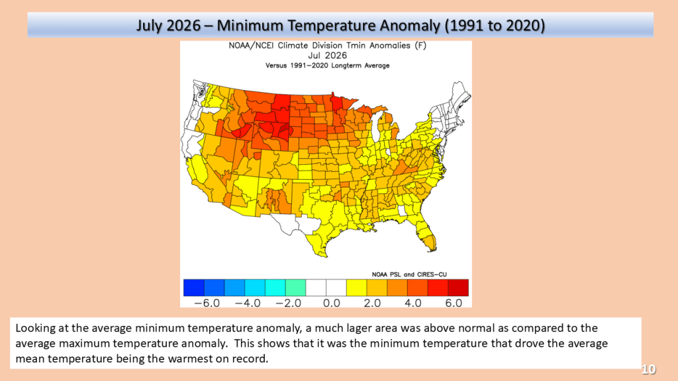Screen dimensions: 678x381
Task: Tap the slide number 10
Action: click(x=649, y=369)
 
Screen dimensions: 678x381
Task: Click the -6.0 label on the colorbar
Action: click(x=207, y=303)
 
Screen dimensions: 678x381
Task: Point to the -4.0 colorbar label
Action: click(x=248, y=303)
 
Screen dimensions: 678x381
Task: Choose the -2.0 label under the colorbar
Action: click(x=289, y=303)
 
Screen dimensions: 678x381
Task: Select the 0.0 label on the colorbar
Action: click(x=332, y=303)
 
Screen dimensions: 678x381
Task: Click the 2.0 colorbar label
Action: click(x=372, y=303)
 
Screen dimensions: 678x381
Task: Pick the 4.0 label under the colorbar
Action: click(x=413, y=303)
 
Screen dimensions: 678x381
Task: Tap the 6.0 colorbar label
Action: click(x=454, y=303)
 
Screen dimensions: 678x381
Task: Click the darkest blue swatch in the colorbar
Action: click(x=194, y=288)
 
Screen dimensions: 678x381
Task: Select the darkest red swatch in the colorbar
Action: click(x=458, y=288)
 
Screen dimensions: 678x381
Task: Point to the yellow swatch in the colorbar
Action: click(x=357, y=288)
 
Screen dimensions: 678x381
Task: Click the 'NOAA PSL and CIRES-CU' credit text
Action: click(x=409, y=275)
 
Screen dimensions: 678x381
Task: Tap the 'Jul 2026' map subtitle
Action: click(x=327, y=56)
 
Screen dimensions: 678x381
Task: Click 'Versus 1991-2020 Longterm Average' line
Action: click(x=327, y=65)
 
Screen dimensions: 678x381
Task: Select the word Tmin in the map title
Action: click(x=356, y=46)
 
